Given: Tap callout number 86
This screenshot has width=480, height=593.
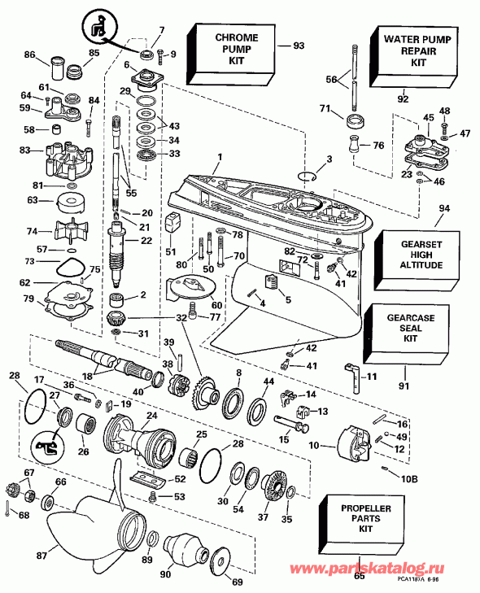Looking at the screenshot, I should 30,55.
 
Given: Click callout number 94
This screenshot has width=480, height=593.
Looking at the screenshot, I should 444,208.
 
